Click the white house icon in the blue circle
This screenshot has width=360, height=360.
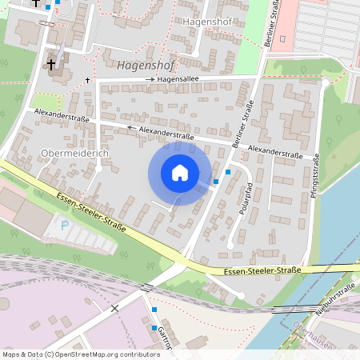(x=180, y=173)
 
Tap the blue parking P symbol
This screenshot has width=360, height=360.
(x=65, y=226)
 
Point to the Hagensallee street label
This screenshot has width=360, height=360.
(x=178, y=80)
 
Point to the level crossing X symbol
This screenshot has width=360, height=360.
(x=115, y=307)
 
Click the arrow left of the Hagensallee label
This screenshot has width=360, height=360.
(x=150, y=80)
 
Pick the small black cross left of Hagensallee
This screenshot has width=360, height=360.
(x=87, y=80)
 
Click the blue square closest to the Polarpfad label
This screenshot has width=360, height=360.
(x=229, y=171)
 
